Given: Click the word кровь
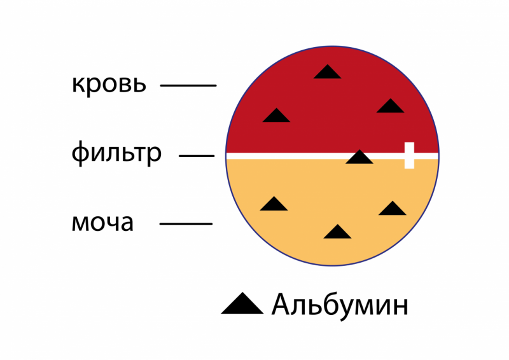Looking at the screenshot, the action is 109,84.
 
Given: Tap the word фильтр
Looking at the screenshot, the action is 116,153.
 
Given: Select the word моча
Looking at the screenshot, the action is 102,223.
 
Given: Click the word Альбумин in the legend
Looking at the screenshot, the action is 339,306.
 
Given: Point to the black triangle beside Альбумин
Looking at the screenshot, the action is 242,305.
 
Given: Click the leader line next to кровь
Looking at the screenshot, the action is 188,85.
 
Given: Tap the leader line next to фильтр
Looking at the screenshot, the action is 197,155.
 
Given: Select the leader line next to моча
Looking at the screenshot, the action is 186,224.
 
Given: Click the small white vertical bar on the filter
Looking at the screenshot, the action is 409,155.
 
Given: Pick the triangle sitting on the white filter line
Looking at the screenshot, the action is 359,157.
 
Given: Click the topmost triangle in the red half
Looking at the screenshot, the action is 327,72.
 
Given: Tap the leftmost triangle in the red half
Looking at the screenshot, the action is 276,116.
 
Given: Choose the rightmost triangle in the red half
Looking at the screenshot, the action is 390,106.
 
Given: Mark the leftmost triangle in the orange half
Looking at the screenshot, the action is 274,204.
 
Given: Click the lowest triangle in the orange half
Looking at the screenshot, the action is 337,232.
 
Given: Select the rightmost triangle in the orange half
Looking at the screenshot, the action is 393,209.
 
